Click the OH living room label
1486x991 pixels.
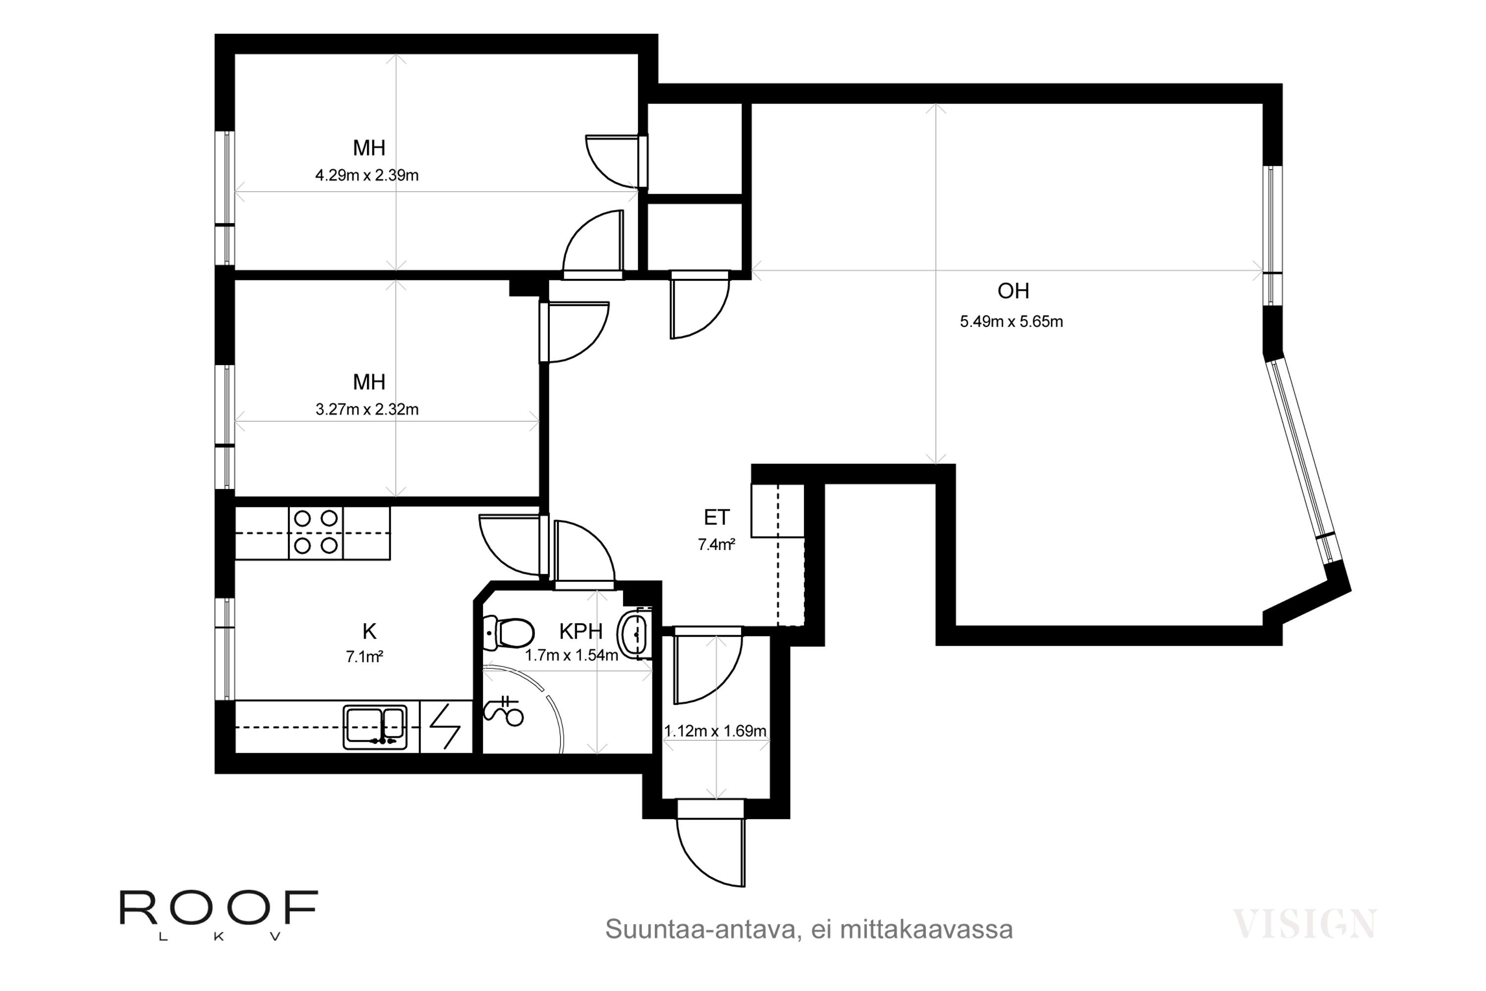click(1013, 291)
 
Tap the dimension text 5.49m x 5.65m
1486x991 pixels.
click(1011, 322)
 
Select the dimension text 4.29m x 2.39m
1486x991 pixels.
click(367, 175)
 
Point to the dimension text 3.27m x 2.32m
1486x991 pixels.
click(367, 410)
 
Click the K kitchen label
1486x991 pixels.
click(369, 631)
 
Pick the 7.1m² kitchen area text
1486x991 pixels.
click(365, 657)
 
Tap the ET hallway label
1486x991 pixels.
click(716, 518)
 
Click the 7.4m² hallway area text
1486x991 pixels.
click(716, 544)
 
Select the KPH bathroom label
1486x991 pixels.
click(581, 631)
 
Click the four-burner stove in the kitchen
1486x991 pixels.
click(316, 533)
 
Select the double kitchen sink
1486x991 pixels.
click(375, 727)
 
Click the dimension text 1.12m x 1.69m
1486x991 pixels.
click(715, 731)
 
